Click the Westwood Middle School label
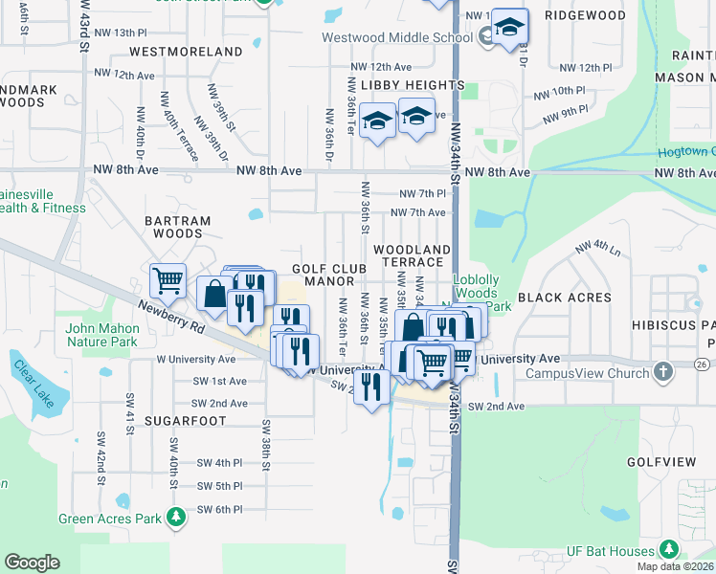pos(384,38)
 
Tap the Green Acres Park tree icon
pos(175,518)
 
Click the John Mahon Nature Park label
pos(102,334)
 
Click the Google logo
pos(32,563)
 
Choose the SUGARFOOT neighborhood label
pos(186,421)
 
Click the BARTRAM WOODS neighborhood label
pos(178,227)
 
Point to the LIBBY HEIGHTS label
pos(407,85)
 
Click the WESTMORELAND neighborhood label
pos(186,51)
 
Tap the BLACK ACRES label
pos(564,298)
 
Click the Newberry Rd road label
pos(171,316)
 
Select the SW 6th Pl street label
pos(219,510)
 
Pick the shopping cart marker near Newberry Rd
pos(168,280)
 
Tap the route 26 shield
pos(702,364)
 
